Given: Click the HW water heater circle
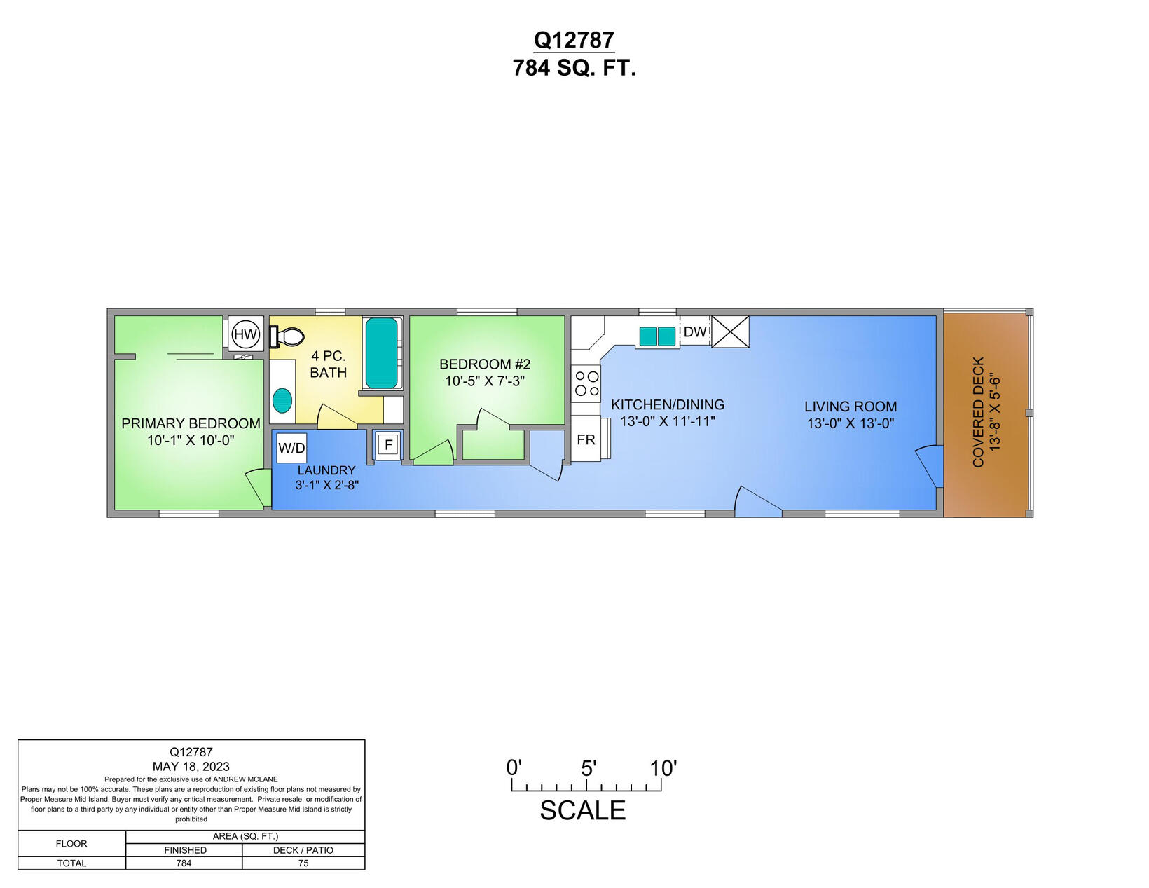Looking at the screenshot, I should click(245, 334).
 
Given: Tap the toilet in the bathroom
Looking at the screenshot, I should click(288, 337).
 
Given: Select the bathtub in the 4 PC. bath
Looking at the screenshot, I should click(382, 353).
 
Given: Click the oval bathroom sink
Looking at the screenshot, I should click(282, 400).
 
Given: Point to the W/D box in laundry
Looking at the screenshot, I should click(291, 448).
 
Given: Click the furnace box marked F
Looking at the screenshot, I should click(389, 444).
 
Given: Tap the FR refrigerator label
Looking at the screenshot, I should click(586, 439).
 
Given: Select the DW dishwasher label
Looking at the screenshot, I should click(695, 332).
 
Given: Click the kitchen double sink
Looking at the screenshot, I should click(657, 336).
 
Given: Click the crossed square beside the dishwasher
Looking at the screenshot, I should click(731, 332).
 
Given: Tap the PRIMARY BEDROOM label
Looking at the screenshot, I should click(191, 423).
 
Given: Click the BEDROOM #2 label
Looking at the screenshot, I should click(485, 364).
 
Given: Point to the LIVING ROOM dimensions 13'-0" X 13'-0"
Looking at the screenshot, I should click(851, 423).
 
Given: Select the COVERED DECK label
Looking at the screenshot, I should click(979, 411).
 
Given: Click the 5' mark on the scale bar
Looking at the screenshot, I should click(588, 769).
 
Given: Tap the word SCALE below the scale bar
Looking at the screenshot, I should click(582, 810).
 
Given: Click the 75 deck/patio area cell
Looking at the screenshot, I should click(303, 863).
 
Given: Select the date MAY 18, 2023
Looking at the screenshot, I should click(191, 766).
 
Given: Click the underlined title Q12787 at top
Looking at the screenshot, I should click(574, 40).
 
